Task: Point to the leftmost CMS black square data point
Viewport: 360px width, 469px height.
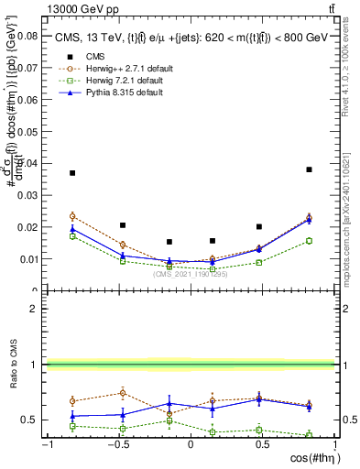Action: tap(72, 173)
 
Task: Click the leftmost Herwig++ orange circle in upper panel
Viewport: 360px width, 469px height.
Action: tap(72, 216)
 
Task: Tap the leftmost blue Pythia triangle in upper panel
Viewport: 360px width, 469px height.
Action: tap(72, 229)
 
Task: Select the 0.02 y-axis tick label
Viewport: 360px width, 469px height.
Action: tap(27, 226)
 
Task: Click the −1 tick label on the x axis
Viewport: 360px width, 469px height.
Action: tap(46, 445)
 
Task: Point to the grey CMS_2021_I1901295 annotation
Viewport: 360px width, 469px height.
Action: tap(191, 273)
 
